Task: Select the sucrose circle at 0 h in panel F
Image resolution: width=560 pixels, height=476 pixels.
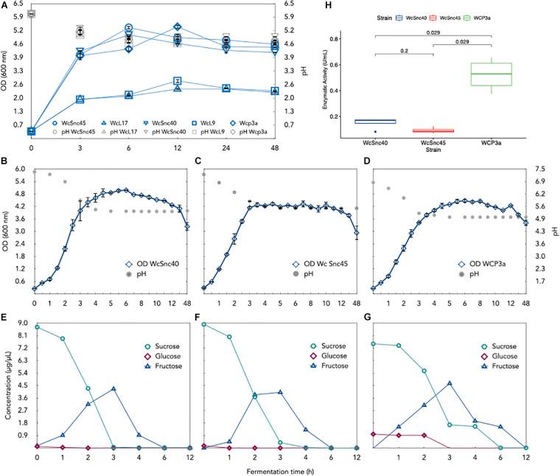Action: [204, 324]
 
